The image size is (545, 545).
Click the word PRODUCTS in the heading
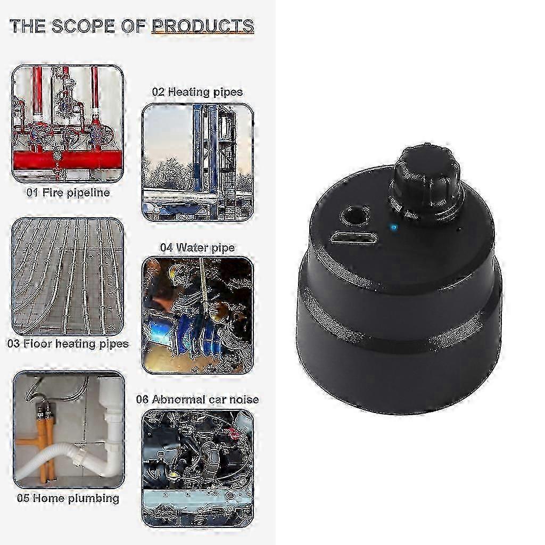(x=203, y=26)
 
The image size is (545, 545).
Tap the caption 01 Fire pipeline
(x=68, y=193)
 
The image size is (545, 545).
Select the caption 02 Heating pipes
(x=197, y=92)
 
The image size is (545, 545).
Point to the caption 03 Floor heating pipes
(x=68, y=344)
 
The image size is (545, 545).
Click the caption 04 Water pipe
(x=197, y=247)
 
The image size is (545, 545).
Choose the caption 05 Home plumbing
(x=68, y=499)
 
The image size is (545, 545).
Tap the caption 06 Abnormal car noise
(x=197, y=399)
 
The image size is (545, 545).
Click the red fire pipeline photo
(x=68, y=123)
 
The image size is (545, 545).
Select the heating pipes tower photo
(x=197, y=162)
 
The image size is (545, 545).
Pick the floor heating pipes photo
(x=68, y=276)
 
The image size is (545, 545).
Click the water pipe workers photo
(x=197, y=315)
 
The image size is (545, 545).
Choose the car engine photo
(x=197, y=468)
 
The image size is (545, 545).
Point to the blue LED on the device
(x=393, y=228)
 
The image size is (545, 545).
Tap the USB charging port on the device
(x=354, y=237)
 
